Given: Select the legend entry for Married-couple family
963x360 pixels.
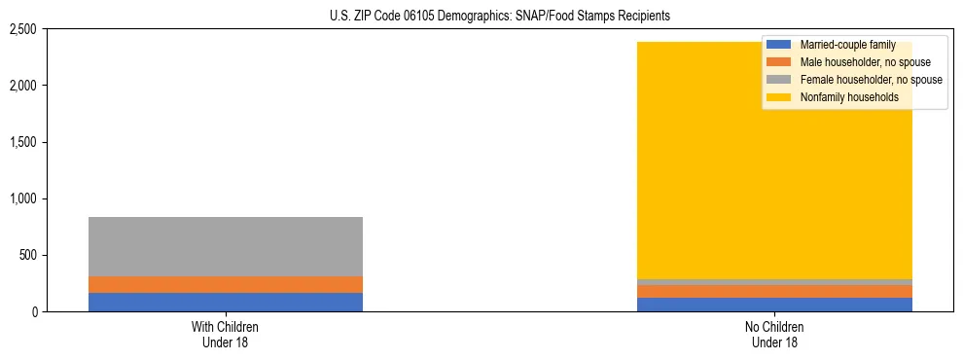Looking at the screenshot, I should click(846, 45).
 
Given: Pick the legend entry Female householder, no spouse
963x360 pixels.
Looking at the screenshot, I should click(871, 80).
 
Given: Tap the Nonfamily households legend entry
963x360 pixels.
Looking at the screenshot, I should click(848, 97).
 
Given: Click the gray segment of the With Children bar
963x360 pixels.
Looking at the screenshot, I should click(225, 247).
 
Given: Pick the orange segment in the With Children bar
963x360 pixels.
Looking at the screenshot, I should click(225, 285).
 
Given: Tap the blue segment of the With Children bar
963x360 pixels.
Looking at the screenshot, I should click(225, 303).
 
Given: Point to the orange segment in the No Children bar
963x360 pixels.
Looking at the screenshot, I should click(774, 292).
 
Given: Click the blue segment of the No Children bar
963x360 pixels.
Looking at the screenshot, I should click(774, 306).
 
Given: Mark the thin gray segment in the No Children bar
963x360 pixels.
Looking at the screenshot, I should click(774, 282).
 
